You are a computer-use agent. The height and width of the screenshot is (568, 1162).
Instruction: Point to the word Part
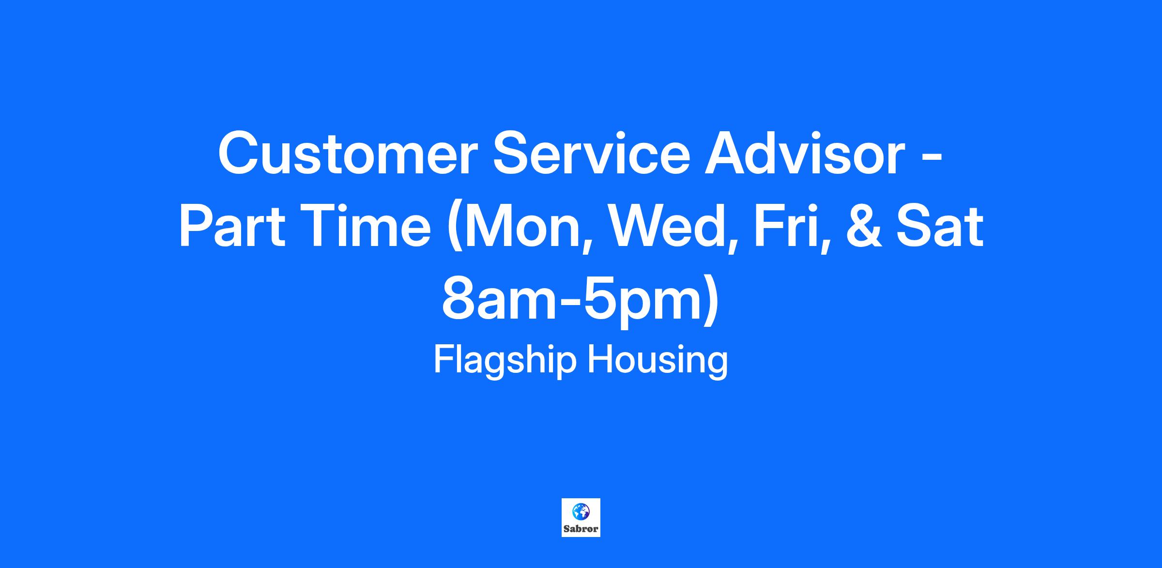coord(232,227)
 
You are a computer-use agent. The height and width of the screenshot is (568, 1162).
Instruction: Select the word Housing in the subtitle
coord(657,361)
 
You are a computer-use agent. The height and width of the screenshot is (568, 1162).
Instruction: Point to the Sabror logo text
coord(581,529)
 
